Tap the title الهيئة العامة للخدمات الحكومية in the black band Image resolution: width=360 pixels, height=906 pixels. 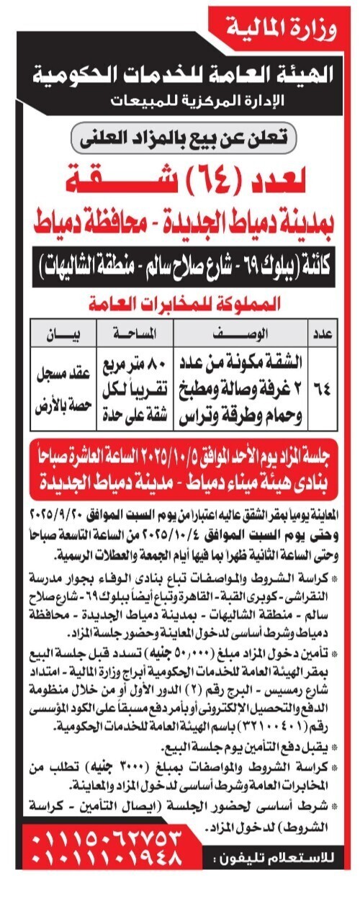pyautogui.click(x=180, y=72)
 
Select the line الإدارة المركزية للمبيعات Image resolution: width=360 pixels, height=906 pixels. pyautogui.click(x=180, y=100)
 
